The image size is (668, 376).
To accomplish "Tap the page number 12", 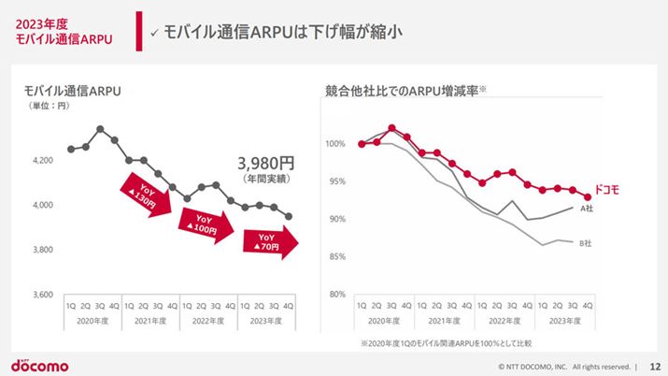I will (x=654, y=366).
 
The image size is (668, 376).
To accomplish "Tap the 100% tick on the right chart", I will (x=335, y=144).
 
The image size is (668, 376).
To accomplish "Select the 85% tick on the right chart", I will (x=337, y=256).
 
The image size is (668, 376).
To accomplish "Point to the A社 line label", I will (x=588, y=209).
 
